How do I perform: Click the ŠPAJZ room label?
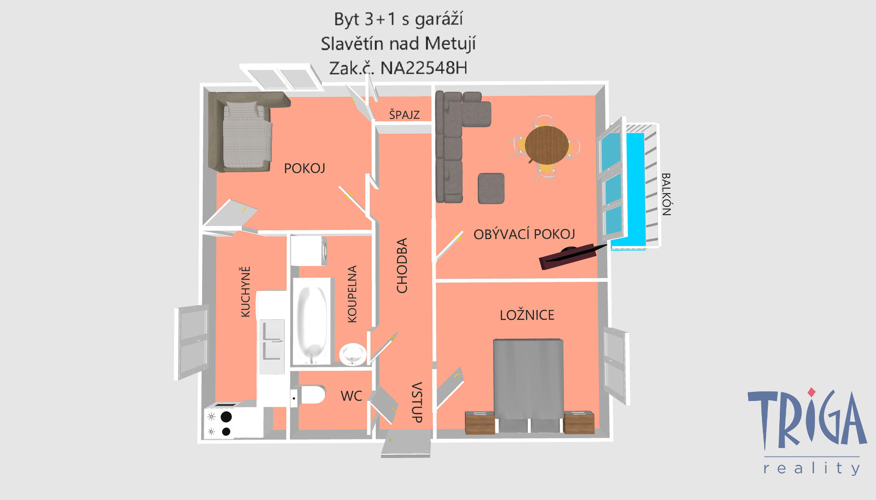404,114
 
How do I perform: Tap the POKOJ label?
304,168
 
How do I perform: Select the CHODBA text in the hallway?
402,265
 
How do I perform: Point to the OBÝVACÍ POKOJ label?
524,234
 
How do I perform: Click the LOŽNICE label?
527,315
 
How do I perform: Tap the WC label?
351,396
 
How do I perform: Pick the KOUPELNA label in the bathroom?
352,294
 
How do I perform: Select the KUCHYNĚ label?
245,292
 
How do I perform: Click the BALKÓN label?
666,194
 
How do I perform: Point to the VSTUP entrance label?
417,402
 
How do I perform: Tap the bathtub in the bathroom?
312,321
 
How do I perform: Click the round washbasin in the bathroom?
353,354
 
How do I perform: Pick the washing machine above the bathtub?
309,250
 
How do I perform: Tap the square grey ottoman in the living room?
491,188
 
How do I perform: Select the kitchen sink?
272,340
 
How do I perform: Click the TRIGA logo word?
807,419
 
